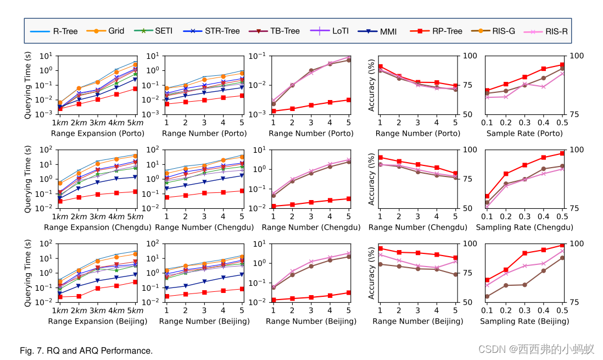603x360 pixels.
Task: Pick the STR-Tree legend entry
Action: (212, 31)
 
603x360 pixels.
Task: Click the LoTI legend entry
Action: (330, 31)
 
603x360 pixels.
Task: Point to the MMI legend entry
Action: (378, 31)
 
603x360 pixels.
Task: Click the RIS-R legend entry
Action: (546, 31)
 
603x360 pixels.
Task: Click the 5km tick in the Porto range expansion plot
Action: (135, 123)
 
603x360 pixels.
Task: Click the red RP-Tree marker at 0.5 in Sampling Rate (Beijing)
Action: (562, 245)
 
